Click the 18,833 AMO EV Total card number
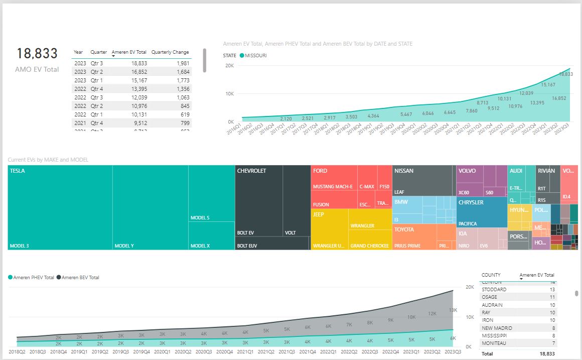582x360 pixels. tap(37, 54)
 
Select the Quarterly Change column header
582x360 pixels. tap(170, 52)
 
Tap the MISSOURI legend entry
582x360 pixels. tap(255, 55)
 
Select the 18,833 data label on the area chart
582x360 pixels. tap(566, 74)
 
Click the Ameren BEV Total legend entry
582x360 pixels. tap(80, 277)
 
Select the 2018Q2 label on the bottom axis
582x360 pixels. tap(17, 352)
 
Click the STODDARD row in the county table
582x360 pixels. tap(494, 290)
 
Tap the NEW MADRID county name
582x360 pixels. tap(497, 328)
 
